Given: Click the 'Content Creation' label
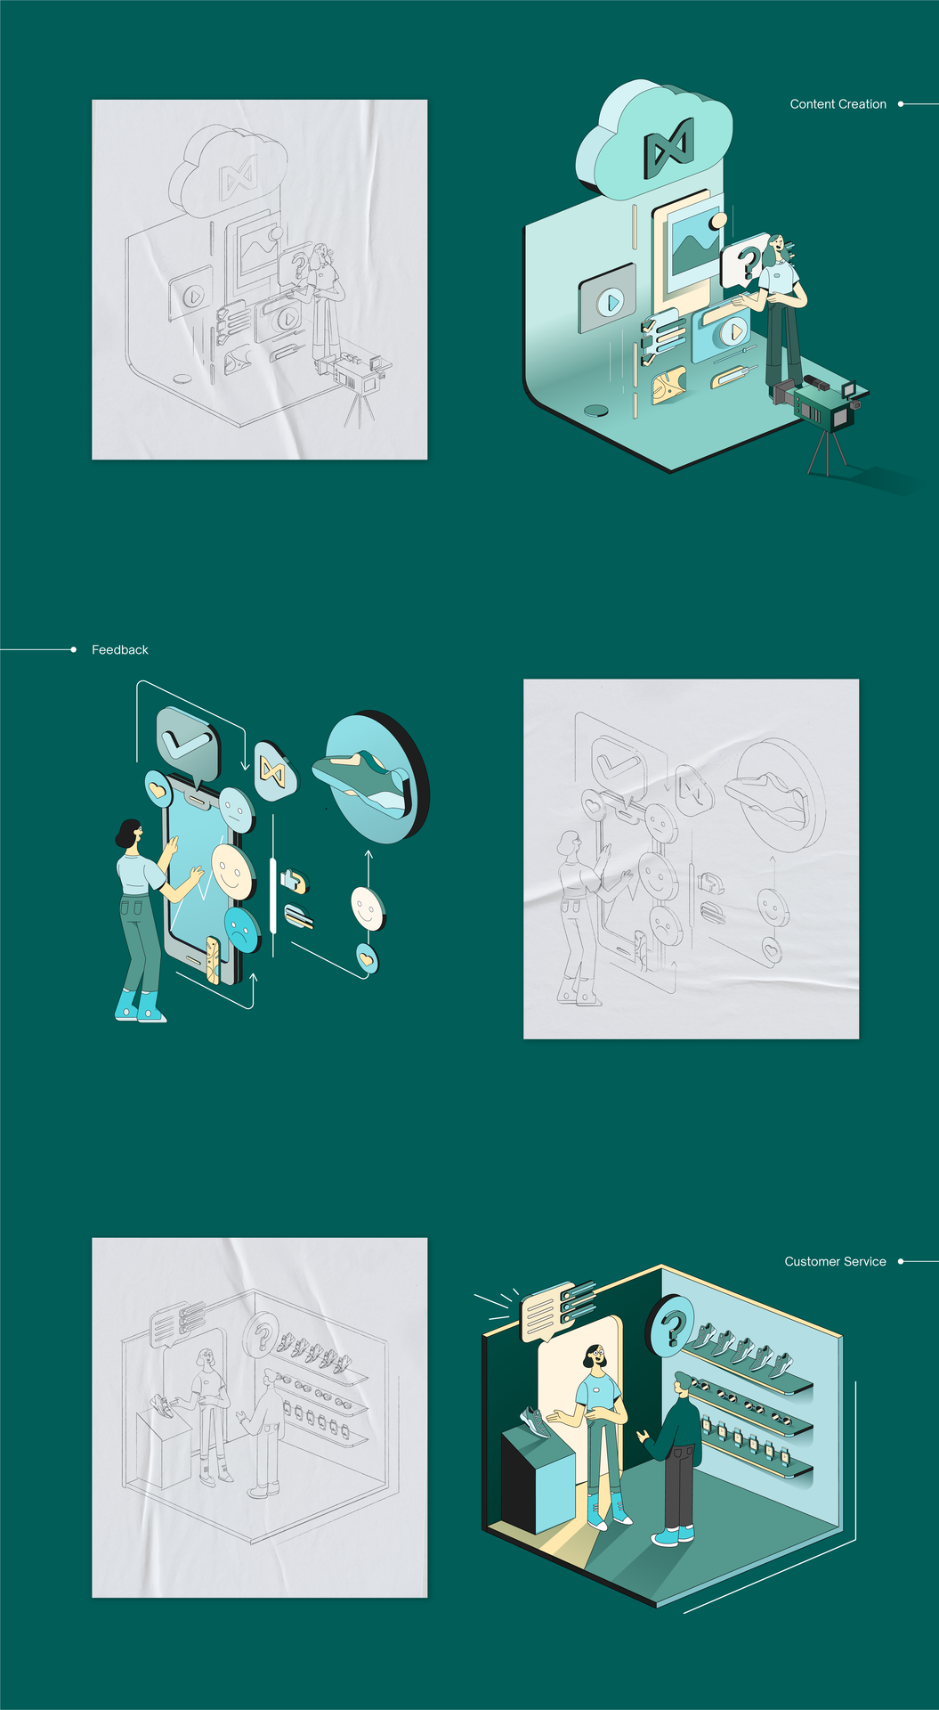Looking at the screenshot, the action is coord(838,104).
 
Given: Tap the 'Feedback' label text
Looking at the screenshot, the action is coord(120,650).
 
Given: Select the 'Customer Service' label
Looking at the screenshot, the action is coord(835,1261).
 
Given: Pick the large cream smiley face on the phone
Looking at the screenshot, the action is coord(231,871).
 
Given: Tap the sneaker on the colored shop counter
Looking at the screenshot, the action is coord(534,1421).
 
